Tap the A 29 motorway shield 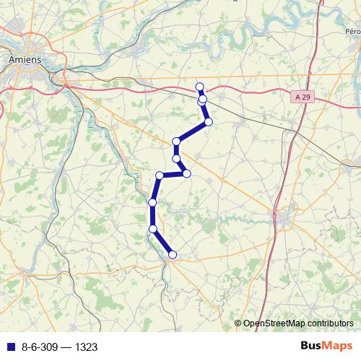click(x=305, y=95)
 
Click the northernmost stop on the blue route click(x=200, y=87)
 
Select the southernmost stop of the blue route click(x=173, y=254)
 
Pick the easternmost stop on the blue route click(x=209, y=122)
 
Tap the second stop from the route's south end click(x=153, y=229)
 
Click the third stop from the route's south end click(x=152, y=203)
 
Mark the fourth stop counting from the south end click(x=160, y=175)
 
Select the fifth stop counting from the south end click(x=186, y=173)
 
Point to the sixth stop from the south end click(x=176, y=158)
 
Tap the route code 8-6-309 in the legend click(x=40, y=347)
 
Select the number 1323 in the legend click(x=85, y=347)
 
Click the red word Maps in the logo click(x=339, y=347)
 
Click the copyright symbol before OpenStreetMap click(x=238, y=323)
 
